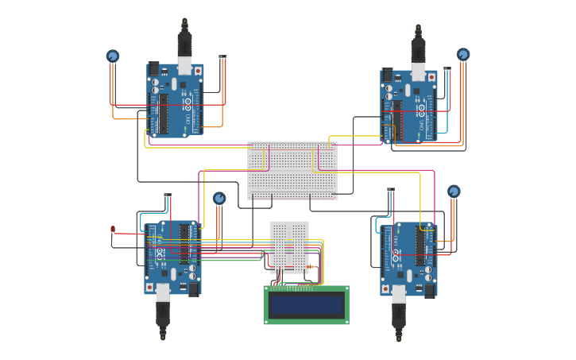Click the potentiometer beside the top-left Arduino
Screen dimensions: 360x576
(x=113, y=56)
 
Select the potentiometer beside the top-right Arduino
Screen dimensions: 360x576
(x=463, y=55)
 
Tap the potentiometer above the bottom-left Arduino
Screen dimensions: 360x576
(x=219, y=198)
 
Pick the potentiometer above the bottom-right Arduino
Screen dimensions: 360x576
(x=454, y=192)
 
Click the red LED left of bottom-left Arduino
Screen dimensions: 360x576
(x=113, y=229)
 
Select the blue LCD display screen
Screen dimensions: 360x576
(x=306, y=304)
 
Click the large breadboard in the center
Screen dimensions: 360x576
(x=292, y=170)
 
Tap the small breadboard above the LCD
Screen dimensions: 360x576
(x=289, y=247)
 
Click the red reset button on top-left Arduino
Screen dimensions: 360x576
(x=198, y=71)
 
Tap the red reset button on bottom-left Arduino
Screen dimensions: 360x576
(x=149, y=287)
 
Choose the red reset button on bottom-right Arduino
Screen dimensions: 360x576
(x=385, y=288)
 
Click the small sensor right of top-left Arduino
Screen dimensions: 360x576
(x=222, y=56)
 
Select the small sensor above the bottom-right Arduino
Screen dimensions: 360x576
(x=391, y=190)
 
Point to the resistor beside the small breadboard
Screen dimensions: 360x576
(x=311, y=267)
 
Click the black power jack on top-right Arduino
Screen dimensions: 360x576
(x=388, y=75)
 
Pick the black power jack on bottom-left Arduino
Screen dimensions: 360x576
(x=194, y=289)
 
